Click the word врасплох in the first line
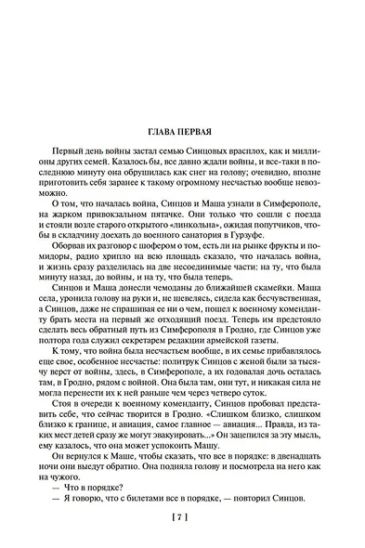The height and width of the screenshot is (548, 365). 231,153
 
